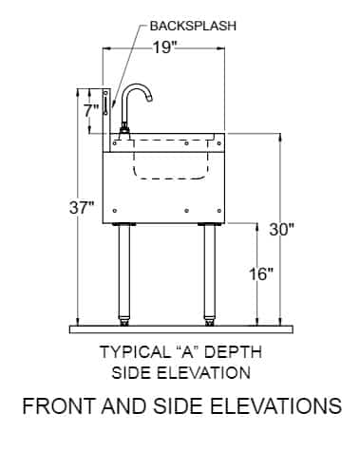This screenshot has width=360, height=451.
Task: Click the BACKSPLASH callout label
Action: pyautogui.click(x=193, y=26)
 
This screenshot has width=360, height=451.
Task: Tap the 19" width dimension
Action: pyautogui.click(x=164, y=48)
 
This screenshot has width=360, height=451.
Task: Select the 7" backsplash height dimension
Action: pyautogui.click(x=91, y=111)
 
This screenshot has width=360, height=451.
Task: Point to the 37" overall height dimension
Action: pyautogui.click(x=82, y=208)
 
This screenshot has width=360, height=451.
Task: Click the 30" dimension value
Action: pyautogui.click(x=282, y=229)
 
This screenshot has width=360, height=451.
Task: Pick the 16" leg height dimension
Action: pyautogui.click(x=260, y=274)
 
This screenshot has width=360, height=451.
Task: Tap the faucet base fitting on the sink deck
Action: pyautogui.click(x=124, y=132)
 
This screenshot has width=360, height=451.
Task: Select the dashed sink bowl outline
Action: pyautogui.click(x=171, y=160)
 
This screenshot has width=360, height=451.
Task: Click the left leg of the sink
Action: pyautogui.click(x=124, y=271)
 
